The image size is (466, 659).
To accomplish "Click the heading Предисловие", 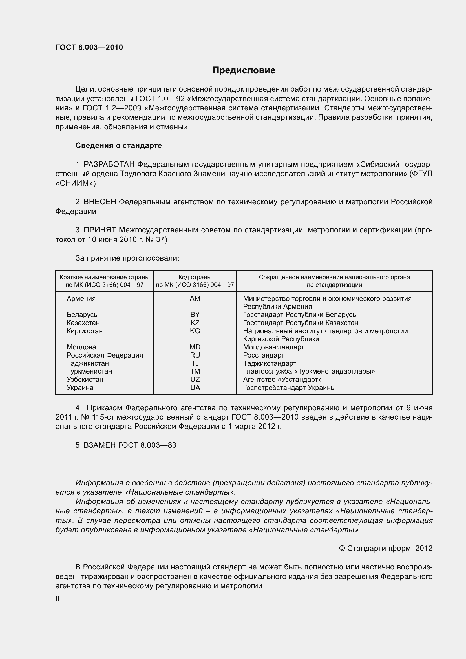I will (x=244, y=70).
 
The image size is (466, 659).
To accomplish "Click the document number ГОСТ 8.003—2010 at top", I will (x=89, y=47).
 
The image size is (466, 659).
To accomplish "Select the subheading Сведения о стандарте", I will (x=119, y=145).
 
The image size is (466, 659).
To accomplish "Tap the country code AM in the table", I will (x=195, y=298).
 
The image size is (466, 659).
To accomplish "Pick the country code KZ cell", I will (x=195, y=323).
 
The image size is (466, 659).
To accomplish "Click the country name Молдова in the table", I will (x=81, y=347).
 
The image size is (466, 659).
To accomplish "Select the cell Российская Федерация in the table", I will (x=105, y=355).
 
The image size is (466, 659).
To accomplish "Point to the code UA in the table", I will (x=195, y=387).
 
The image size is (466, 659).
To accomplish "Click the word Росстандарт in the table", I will (x=264, y=355).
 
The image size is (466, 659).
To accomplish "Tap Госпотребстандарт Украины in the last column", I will (x=289, y=387).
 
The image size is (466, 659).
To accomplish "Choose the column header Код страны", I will (x=195, y=277).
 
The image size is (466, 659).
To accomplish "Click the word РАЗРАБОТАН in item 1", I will (x=109, y=165).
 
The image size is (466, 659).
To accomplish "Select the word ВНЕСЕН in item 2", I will (x=100, y=202).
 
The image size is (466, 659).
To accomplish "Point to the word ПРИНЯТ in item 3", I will (x=100, y=230).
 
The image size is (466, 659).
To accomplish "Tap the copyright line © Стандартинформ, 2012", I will (x=386, y=548).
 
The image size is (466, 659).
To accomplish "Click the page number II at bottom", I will (x=58, y=599).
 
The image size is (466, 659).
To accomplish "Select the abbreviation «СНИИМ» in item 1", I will (x=76, y=183).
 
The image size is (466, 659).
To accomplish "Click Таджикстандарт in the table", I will (x=270, y=363).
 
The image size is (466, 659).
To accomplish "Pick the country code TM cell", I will (x=195, y=371).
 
